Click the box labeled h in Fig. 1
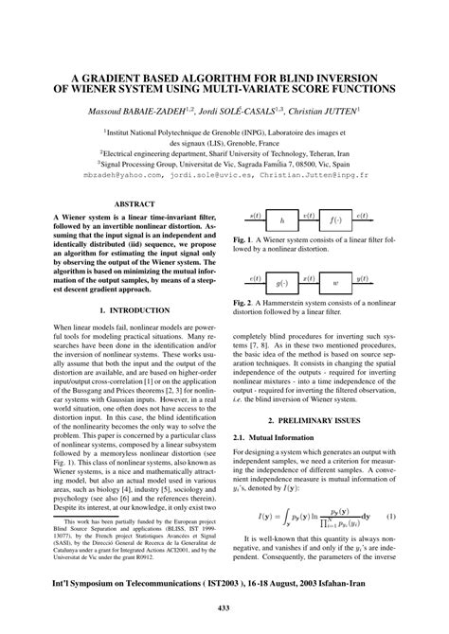[x=281, y=220]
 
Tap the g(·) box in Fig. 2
[x=281, y=282]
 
